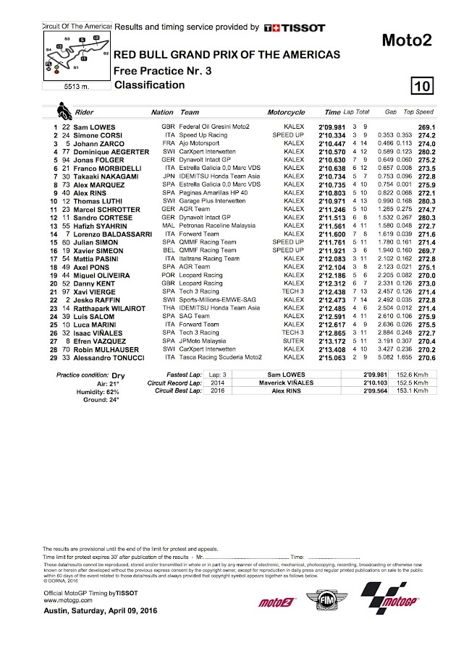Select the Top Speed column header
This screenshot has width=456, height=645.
click(x=418, y=113)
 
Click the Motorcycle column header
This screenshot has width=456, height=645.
click(x=286, y=113)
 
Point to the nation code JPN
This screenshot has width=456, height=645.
click(x=166, y=177)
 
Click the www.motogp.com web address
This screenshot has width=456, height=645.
click(x=64, y=599)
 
